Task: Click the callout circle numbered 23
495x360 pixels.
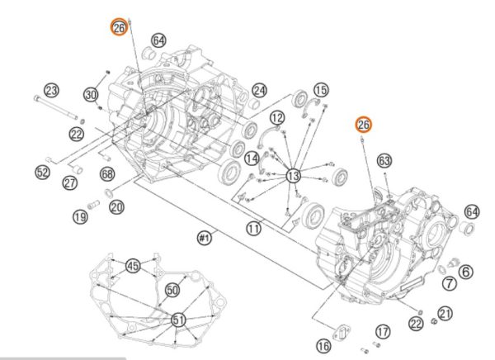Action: click(51, 90)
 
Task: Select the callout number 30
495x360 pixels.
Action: click(91, 95)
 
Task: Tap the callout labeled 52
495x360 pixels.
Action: click(43, 172)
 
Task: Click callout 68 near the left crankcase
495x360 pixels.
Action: click(107, 174)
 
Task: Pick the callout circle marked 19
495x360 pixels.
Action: click(79, 217)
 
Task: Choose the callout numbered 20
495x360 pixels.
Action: click(116, 207)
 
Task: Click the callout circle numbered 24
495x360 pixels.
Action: click(259, 89)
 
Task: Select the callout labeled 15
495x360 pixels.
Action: click(320, 89)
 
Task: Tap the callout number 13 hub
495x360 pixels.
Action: click(293, 176)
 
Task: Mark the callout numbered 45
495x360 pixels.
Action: click(133, 266)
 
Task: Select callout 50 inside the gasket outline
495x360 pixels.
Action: click(172, 290)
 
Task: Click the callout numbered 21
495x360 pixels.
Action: click(445, 313)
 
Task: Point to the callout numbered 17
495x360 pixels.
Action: click(382, 331)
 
